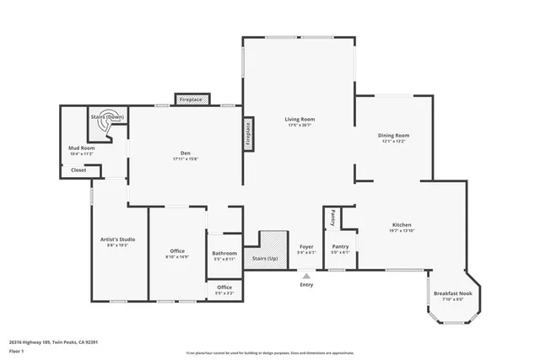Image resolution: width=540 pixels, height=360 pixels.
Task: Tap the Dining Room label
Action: click(x=394, y=136)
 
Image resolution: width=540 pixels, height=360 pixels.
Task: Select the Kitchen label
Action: click(x=402, y=224)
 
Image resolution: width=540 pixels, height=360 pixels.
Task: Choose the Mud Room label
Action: click(x=82, y=148)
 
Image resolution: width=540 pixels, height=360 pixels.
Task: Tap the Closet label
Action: click(x=78, y=169)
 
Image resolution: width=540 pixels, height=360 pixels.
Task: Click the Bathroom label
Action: click(x=224, y=253)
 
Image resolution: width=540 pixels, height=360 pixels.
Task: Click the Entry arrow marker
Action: click(x=306, y=275)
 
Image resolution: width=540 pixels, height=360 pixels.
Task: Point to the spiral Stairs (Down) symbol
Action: click(x=105, y=126)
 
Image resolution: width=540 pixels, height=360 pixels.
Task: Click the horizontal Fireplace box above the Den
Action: click(x=192, y=99)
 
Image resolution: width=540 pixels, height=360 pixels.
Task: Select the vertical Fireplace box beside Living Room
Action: click(x=248, y=134)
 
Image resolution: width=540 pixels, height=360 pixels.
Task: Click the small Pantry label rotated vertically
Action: click(x=332, y=218)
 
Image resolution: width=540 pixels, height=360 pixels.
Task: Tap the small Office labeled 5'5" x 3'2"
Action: click(x=224, y=287)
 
